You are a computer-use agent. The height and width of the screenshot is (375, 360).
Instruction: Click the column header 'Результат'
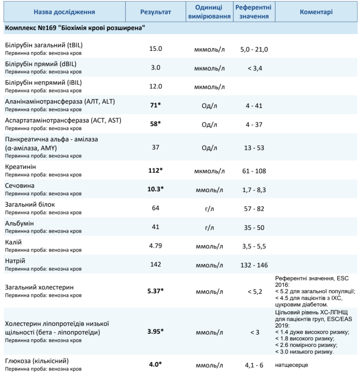(155, 12)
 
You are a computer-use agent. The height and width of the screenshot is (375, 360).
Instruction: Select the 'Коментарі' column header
(316, 12)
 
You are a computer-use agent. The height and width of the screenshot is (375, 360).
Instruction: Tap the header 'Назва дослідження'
(64, 12)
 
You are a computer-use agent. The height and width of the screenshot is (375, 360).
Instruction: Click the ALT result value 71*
(155, 105)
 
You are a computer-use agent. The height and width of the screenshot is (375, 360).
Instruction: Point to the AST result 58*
(155, 124)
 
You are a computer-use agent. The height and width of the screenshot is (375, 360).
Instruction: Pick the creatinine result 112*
(155, 171)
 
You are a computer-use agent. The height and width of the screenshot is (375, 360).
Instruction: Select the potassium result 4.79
(155, 246)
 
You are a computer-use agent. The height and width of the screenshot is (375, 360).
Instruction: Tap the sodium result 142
(155, 265)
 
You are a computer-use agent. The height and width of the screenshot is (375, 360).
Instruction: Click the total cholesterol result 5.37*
(155, 291)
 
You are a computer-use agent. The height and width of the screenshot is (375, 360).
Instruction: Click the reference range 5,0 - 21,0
(254, 49)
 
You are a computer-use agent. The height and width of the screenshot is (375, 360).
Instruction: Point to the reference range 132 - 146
(254, 265)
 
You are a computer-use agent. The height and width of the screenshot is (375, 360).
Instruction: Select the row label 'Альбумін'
(19, 224)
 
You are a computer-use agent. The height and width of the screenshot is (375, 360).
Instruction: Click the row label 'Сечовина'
(20, 186)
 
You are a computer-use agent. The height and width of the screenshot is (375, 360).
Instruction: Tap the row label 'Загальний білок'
(30, 205)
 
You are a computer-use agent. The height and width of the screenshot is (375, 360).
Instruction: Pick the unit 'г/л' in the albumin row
(209, 227)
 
